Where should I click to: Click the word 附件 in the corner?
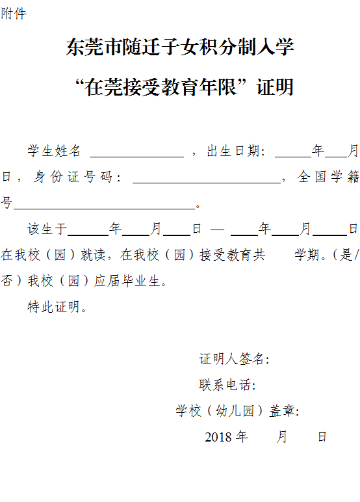(14, 14)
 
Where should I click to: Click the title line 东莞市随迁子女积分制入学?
(180, 47)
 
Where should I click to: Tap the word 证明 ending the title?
(275, 87)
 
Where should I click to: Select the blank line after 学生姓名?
(137, 157)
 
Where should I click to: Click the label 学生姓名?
(54, 151)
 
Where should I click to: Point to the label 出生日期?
(236, 151)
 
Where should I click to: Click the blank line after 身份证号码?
(207, 183)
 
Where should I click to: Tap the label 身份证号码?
(77, 177)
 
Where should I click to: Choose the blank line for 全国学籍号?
(105, 209)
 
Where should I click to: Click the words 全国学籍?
(328, 177)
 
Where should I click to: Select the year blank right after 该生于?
(88, 235)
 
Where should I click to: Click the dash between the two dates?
(217, 230)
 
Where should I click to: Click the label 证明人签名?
(234, 359)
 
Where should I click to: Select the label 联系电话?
(227, 385)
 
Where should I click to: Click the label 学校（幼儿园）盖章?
(237, 411)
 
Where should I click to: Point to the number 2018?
(218, 437)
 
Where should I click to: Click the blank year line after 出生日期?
(293, 157)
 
